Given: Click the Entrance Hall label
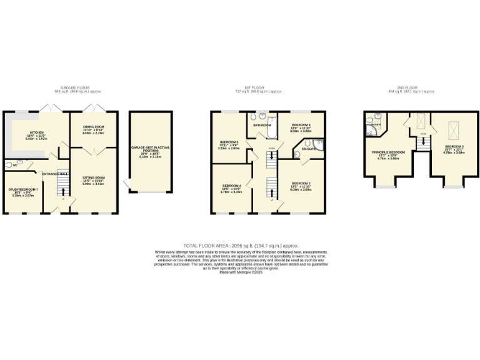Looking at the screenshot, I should [x=54, y=173].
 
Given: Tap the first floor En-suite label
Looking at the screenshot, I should [x=307, y=150].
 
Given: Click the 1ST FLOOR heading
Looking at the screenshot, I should [x=253, y=87].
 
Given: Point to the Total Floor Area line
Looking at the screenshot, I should [x=241, y=246].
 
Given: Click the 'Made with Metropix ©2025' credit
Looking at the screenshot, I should [x=241, y=272].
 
